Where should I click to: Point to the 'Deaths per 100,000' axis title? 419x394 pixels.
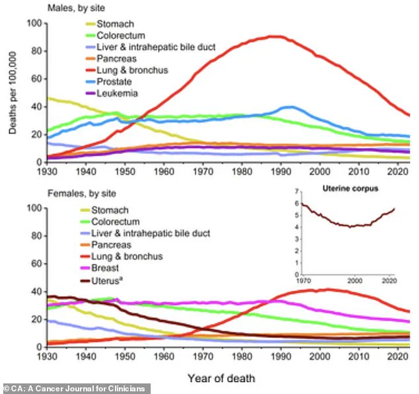tap(13, 92)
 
